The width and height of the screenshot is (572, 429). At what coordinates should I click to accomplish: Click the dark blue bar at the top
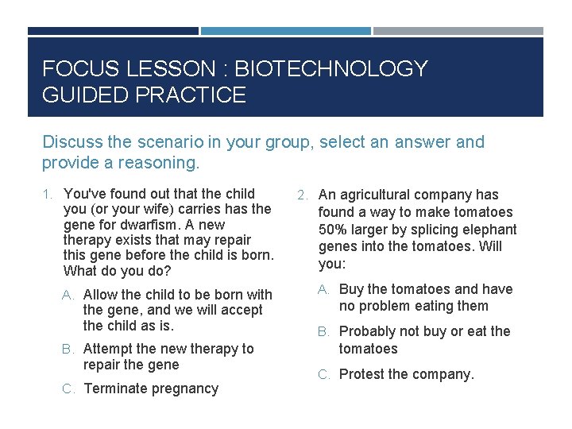(x=113, y=31)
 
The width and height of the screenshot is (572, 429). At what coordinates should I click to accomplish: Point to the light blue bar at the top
(x=285, y=31)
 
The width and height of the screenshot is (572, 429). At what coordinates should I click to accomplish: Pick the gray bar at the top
(x=458, y=31)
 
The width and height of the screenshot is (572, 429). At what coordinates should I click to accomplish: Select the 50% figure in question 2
(x=332, y=229)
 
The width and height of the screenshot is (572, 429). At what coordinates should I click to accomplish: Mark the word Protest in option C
(x=364, y=374)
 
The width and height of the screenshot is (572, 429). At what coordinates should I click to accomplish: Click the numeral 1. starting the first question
(x=48, y=194)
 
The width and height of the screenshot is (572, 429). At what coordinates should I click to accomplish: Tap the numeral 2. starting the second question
(x=303, y=195)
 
